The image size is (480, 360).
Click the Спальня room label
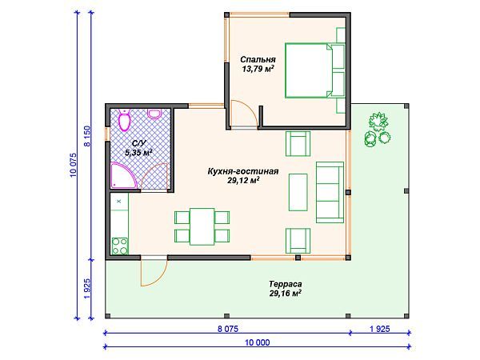(258, 59)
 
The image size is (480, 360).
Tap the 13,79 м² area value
(258, 69)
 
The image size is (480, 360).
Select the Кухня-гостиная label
(243, 171)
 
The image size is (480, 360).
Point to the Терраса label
(286, 284)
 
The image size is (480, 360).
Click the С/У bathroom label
(139, 143)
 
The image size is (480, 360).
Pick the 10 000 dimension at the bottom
(257, 342)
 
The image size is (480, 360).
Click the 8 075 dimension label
(228, 329)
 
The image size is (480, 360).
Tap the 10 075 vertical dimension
(74, 166)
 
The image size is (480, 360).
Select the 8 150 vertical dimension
(87, 136)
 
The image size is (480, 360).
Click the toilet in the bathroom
(125, 120)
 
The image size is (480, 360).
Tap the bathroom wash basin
(154, 114)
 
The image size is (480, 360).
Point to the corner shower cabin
(122, 175)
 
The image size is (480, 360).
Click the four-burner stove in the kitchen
(120, 246)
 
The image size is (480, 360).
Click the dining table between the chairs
(202, 226)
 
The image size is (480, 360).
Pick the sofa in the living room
(330, 192)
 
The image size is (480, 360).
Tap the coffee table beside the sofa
(298, 192)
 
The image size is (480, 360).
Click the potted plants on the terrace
(378, 130)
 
